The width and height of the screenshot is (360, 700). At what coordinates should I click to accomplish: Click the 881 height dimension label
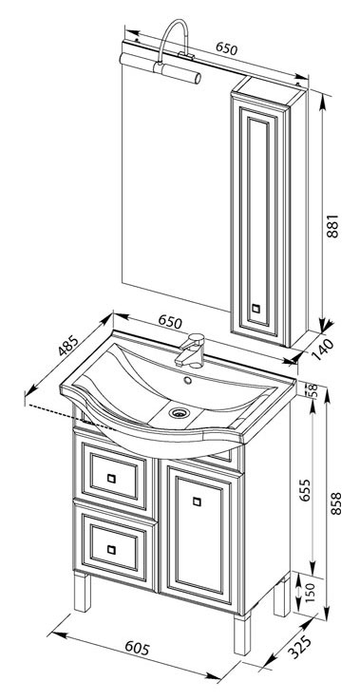[x=333, y=226]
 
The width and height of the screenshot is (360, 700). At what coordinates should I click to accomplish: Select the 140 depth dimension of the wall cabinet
[x=323, y=350]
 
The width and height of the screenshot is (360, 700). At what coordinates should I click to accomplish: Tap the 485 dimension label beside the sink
[x=67, y=345]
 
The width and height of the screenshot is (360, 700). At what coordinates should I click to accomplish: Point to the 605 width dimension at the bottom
[x=137, y=648]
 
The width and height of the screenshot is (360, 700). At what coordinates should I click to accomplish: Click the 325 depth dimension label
[x=298, y=648]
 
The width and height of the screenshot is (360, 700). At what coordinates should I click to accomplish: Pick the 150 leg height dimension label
[x=309, y=592]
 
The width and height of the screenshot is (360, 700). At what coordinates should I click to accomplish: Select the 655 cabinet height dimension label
[x=305, y=490]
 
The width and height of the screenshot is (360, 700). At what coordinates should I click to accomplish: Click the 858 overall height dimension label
[x=335, y=503]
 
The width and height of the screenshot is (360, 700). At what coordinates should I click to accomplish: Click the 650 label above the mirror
[x=226, y=48]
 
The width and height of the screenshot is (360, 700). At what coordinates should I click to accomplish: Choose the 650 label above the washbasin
[x=171, y=321]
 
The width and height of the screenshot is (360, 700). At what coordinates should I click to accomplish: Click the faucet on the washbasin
[x=191, y=350]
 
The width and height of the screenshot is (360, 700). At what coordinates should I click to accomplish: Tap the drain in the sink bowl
[x=180, y=412]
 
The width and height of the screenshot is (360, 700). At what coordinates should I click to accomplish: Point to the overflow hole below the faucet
[x=187, y=381]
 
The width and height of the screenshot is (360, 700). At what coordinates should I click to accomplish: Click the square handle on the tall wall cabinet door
[x=256, y=308]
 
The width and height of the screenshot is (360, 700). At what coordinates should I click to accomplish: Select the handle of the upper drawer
[x=111, y=478]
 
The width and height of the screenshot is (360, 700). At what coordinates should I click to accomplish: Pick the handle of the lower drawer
[x=111, y=550]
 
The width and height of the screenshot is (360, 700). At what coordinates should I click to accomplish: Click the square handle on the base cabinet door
[x=197, y=501]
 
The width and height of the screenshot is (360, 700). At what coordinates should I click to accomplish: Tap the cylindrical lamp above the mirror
[x=160, y=67]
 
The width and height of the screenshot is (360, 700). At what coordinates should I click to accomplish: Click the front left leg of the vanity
[x=83, y=593]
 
